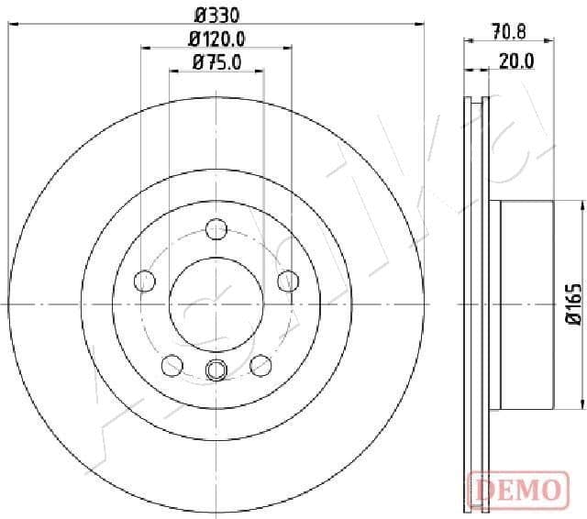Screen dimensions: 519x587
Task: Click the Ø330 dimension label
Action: [216, 15]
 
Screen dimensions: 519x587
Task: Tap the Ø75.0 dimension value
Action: [216, 62]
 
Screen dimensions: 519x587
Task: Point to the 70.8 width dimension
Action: [508, 32]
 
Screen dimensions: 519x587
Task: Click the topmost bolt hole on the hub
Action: [216, 228]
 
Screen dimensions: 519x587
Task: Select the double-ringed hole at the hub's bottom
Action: [216, 370]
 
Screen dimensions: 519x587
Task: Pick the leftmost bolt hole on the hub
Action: [144, 280]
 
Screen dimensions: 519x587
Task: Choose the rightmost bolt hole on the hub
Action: [289, 280]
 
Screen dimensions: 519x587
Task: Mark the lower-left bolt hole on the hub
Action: [172, 365]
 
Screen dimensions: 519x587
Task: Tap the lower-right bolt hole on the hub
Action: [261, 365]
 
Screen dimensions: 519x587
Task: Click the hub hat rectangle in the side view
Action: [527, 304]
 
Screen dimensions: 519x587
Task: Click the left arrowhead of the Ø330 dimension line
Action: [12, 25]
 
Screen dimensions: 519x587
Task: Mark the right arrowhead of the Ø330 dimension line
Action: [421, 25]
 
